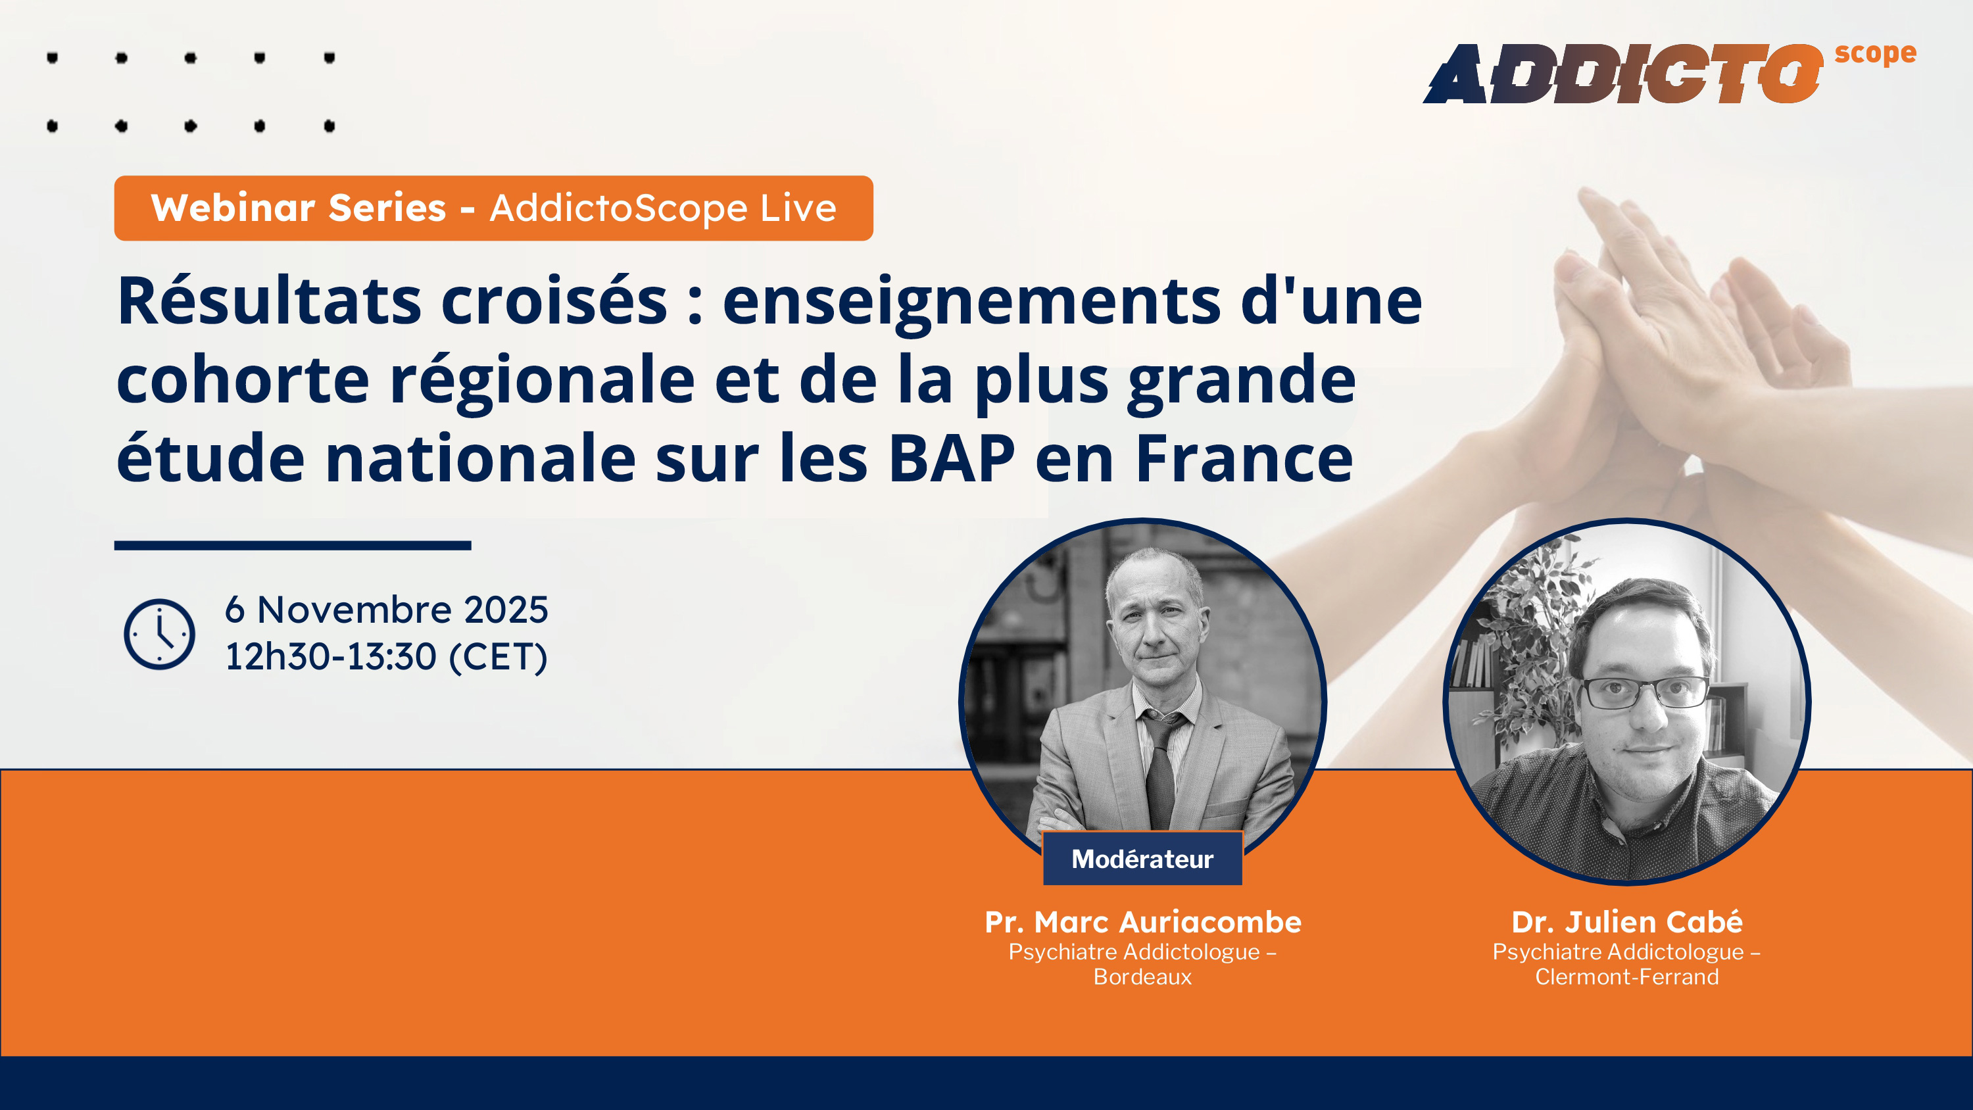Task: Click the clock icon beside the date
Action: point(159,635)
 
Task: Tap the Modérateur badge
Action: point(1142,859)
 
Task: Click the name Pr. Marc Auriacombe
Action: point(1143,921)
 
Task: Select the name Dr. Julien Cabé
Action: point(1627,921)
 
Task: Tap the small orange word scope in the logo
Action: point(1875,54)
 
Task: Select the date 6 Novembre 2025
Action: point(386,610)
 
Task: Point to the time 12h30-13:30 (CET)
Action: point(386,656)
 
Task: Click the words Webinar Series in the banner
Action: point(299,208)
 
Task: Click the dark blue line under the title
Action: point(293,545)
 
